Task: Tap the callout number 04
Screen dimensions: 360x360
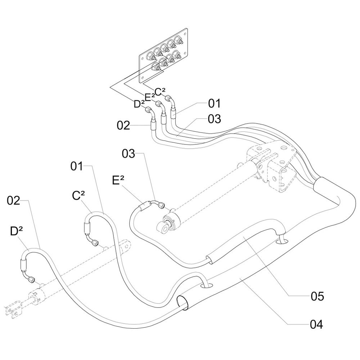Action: click(316, 324)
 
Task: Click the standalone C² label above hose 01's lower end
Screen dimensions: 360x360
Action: click(78, 195)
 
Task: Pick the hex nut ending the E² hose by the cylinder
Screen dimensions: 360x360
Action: click(161, 206)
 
